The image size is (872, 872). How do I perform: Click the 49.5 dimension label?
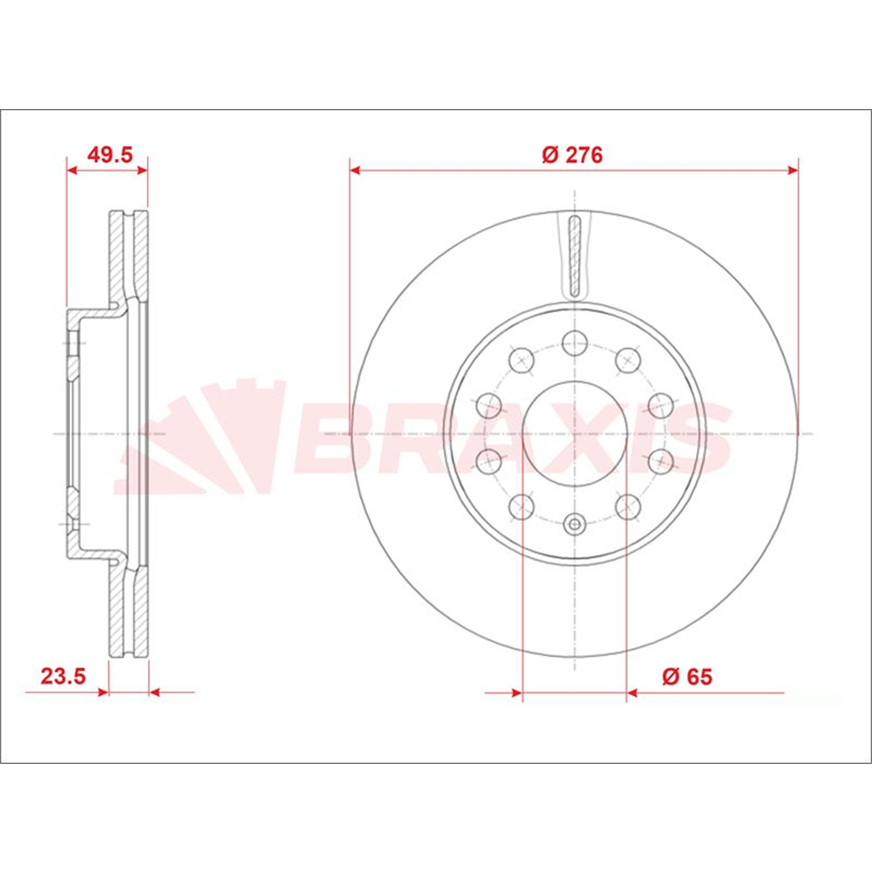tap(110, 154)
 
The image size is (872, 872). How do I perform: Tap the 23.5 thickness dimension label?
tap(64, 677)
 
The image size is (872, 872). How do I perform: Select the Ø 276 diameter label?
tap(572, 154)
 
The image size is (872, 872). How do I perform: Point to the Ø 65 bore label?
tap(687, 677)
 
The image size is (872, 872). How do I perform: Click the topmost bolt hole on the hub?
tap(575, 343)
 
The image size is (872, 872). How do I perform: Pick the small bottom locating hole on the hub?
tap(575, 523)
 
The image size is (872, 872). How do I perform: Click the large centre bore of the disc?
tap(575, 433)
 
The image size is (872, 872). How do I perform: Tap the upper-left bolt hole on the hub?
tap(521, 360)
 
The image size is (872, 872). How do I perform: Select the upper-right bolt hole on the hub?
tap(628, 360)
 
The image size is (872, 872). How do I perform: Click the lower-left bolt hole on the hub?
tap(521, 507)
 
